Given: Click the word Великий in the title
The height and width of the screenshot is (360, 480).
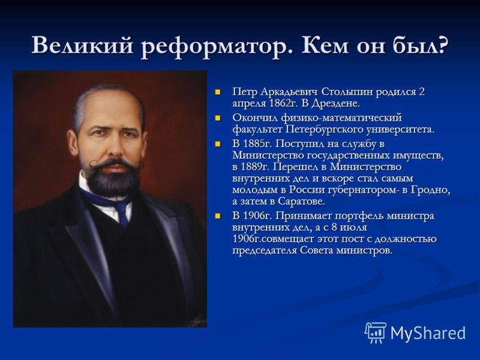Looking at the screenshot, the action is [x=82, y=46].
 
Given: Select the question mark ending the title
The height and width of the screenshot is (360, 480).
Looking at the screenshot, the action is [x=441, y=46].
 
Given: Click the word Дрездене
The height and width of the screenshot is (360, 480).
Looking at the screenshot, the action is [x=335, y=103].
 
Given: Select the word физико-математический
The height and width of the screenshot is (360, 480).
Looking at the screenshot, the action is [x=341, y=118].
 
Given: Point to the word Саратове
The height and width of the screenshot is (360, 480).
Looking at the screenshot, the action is [x=302, y=202].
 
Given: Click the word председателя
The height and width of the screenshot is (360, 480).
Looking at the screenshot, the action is [x=264, y=251].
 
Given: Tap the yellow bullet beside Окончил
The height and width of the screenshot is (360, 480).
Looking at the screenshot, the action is [x=218, y=118].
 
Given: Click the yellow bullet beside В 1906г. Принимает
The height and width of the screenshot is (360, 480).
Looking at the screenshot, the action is [x=218, y=216].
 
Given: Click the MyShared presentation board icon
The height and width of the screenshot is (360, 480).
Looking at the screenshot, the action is [x=376, y=332].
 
